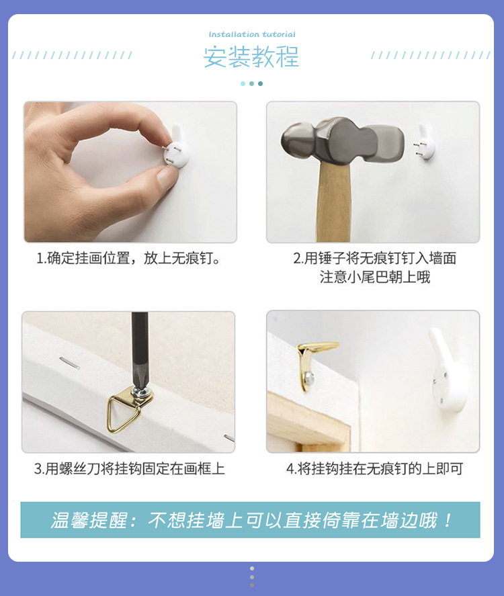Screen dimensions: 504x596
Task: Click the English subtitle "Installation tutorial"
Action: pyautogui.click(x=251, y=34)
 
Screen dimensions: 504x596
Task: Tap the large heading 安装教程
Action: pyautogui.click(x=251, y=57)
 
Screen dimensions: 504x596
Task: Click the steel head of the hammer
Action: pyautogui.click(x=342, y=140)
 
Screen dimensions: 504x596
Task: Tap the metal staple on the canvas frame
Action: pyautogui.click(x=69, y=363)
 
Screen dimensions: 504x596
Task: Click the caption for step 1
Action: pyautogui.click(x=128, y=259)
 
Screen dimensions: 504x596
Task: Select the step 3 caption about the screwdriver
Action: pyautogui.click(x=130, y=468)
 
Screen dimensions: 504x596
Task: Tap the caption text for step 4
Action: pyautogui.click(x=375, y=468)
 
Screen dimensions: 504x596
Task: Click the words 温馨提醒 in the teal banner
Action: pyautogui.click(x=89, y=520)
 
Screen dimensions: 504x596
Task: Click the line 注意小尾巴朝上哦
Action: pyautogui.click(x=375, y=277)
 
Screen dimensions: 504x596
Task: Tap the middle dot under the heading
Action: pyautogui.click(x=251, y=83)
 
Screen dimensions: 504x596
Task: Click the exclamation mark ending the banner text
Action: pyautogui.click(x=448, y=520)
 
